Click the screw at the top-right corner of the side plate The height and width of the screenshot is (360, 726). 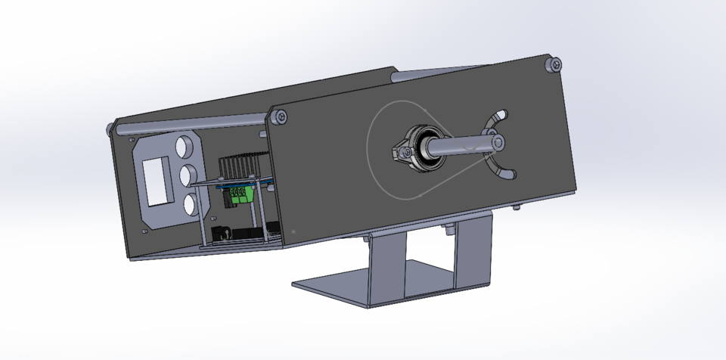coord(556,66)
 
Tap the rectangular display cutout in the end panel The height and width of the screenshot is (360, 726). coord(160,180)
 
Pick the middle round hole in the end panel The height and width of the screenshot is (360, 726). coord(190,176)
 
